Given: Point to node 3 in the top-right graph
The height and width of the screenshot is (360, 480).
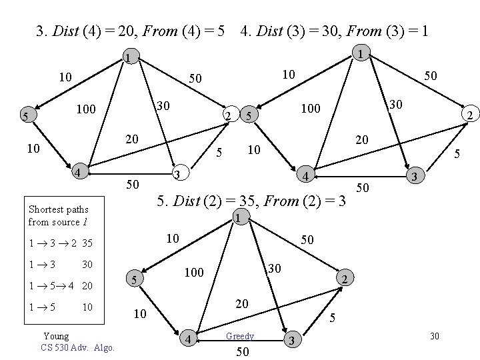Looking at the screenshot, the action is click(x=414, y=177).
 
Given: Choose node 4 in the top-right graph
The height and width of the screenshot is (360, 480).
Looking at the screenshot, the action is click(x=304, y=176).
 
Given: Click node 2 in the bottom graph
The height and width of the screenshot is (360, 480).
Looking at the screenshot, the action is click(x=343, y=278).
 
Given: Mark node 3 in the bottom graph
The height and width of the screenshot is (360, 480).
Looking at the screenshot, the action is click(x=289, y=341).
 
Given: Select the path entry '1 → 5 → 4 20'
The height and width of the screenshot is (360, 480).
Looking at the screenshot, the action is click(x=60, y=286).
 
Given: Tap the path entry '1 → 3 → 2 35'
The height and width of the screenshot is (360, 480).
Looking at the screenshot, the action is click(x=61, y=243).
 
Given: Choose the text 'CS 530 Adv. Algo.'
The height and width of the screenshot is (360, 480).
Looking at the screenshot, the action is click(x=77, y=347).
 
